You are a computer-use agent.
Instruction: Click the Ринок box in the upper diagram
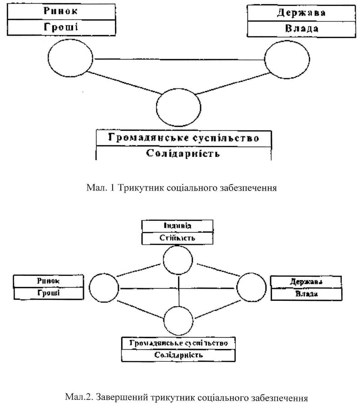(60, 12)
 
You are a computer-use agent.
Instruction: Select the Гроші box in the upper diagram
(60, 27)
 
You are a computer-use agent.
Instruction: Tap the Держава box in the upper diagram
(301, 12)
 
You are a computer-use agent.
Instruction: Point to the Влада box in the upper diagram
(301, 28)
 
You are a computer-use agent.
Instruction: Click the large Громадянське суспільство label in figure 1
(184, 138)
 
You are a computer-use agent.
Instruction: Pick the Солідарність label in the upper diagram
(183, 153)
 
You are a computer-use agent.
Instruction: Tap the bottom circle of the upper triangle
(178, 106)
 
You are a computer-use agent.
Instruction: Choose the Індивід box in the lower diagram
(177, 225)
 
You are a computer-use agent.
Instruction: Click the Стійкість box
(177, 238)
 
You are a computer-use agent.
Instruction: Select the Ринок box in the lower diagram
(49, 281)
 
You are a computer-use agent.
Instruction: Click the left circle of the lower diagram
(104, 288)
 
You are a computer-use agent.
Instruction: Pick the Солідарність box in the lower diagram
(179, 355)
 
